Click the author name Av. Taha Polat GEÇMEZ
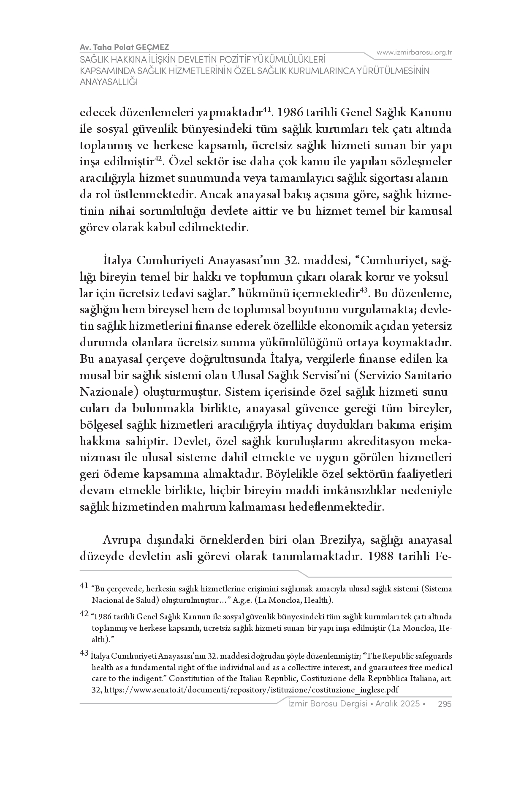[x=125, y=47]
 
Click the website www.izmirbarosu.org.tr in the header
[x=414, y=52]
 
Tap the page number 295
[x=445, y=704]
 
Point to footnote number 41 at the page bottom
[x=84, y=586]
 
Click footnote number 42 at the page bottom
[x=84, y=614]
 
